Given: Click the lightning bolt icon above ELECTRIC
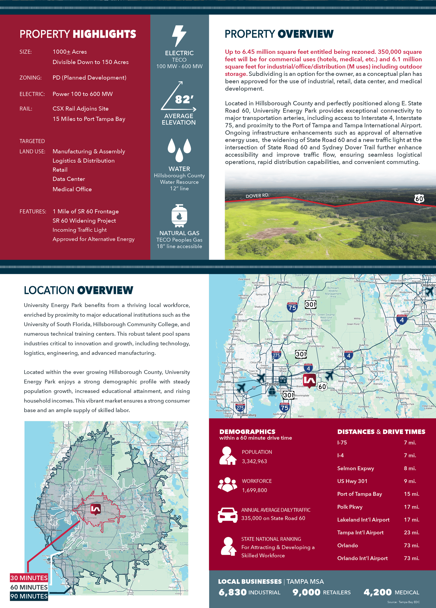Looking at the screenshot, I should pos(179,36).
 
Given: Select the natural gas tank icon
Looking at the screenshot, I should pos(179,216).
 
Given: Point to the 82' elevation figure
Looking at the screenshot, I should pos(184,100).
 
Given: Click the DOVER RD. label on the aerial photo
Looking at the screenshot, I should pos(257,196).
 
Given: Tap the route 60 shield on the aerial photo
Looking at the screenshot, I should pos(419,199).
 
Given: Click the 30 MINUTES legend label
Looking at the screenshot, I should pos(29,578).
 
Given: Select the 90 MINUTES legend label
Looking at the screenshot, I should pos(29,596).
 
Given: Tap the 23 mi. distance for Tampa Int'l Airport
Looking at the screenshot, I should pos(411,533).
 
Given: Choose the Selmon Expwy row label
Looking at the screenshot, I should pos(355,468).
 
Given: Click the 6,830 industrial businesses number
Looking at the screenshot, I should pos(232,592).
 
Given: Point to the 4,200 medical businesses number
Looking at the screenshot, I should pos(378,592).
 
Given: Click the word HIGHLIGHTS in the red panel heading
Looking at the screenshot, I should pos(104,34).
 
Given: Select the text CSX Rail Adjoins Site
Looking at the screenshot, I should pos(80,109).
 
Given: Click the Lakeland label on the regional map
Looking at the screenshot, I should pos(345,369).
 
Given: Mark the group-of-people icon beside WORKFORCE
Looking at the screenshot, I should pos(228,485).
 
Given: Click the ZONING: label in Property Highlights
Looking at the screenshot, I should pos(30,78).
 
